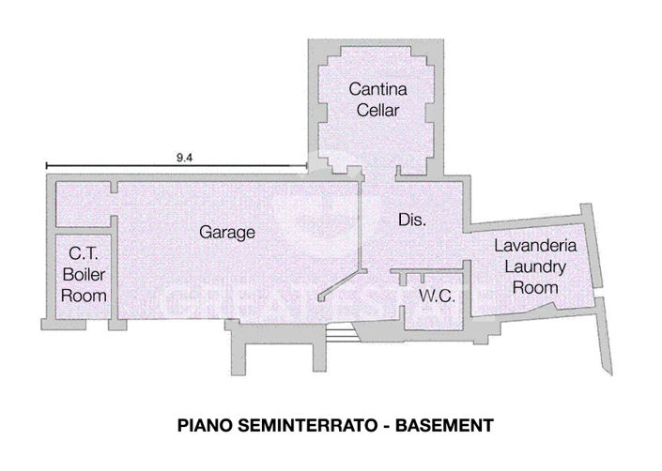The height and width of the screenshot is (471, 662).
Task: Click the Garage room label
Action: [x=227, y=232]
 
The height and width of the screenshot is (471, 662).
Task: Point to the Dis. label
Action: [x=413, y=221]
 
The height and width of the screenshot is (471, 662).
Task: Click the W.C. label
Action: [x=437, y=296]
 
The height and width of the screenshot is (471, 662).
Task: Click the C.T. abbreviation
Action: [x=83, y=252]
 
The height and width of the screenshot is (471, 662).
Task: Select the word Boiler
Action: [x=83, y=274]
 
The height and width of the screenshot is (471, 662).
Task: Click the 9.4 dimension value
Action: [x=185, y=158]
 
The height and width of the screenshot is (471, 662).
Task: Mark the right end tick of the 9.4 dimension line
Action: [x=308, y=168]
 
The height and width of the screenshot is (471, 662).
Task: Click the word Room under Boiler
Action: [x=83, y=295]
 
